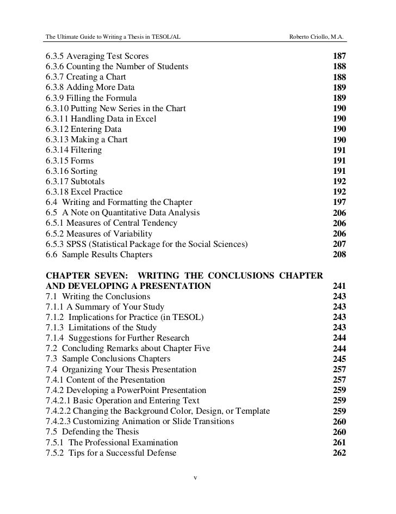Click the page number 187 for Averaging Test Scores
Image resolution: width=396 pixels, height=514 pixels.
click(338, 57)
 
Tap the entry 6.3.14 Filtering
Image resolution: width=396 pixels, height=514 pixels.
click(73, 150)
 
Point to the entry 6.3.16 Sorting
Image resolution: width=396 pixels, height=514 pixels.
click(72, 171)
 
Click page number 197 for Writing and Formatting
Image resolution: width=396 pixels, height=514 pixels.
click(338, 203)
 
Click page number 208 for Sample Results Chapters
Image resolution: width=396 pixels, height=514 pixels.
click(338, 255)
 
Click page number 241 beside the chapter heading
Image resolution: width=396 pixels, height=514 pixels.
click(338, 286)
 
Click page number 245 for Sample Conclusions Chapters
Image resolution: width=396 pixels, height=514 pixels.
click(338, 359)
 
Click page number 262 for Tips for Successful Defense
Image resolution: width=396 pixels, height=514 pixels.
click(338, 452)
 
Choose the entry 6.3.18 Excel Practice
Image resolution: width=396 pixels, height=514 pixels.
click(84, 192)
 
